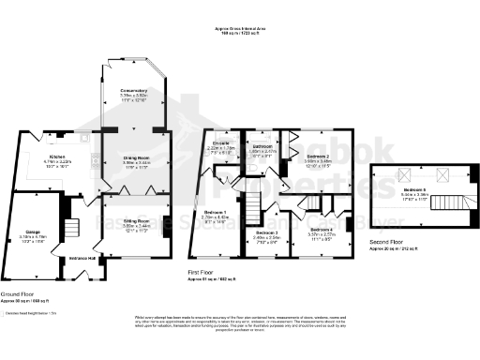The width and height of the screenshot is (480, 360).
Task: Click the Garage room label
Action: [28, 232]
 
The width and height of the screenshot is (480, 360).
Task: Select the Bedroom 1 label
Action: [216, 212]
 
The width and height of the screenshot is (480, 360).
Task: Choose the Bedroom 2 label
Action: [319, 157]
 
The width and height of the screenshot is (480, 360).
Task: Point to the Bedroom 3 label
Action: [268, 232]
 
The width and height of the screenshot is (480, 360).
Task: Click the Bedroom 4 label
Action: [321, 229]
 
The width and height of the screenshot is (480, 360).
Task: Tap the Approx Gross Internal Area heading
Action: [240, 30]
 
